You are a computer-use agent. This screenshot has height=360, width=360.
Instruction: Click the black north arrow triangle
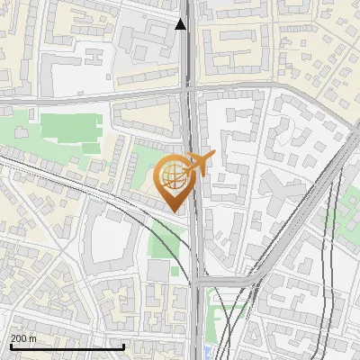[182, 24]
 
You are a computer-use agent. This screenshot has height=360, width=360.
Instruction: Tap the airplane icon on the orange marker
[199, 163]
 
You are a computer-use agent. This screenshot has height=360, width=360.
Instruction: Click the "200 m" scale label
[24, 338]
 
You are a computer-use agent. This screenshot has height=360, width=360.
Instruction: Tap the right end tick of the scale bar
[123, 346]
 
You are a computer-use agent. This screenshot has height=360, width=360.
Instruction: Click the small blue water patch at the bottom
[210, 351]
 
